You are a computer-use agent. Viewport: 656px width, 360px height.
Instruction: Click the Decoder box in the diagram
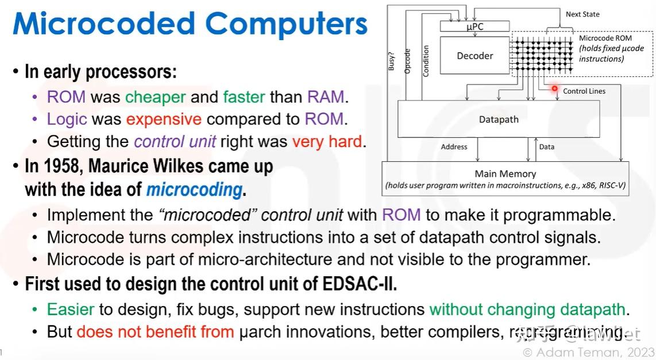tap(474, 56)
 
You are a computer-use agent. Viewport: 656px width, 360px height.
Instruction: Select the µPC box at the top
tap(474, 26)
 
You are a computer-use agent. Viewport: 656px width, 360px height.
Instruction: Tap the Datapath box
tap(499, 119)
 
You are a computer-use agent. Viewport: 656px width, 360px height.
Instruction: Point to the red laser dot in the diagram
tap(555, 89)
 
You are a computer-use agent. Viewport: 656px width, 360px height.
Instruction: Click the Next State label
tap(582, 14)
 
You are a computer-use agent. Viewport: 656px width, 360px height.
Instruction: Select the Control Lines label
tap(584, 91)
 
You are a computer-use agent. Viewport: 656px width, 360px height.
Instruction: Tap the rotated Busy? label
tap(392, 60)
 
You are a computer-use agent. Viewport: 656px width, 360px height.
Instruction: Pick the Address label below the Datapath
tap(454, 147)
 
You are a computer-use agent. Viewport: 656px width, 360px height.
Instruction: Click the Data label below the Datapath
tap(547, 147)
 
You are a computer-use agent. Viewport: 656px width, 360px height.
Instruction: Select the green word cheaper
tap(156, 97)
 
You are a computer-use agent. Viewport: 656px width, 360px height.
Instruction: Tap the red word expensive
tap(164, 119)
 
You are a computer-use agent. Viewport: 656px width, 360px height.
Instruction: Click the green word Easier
tap(71, 309)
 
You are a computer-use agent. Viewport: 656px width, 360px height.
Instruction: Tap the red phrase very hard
tap(327, 141)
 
